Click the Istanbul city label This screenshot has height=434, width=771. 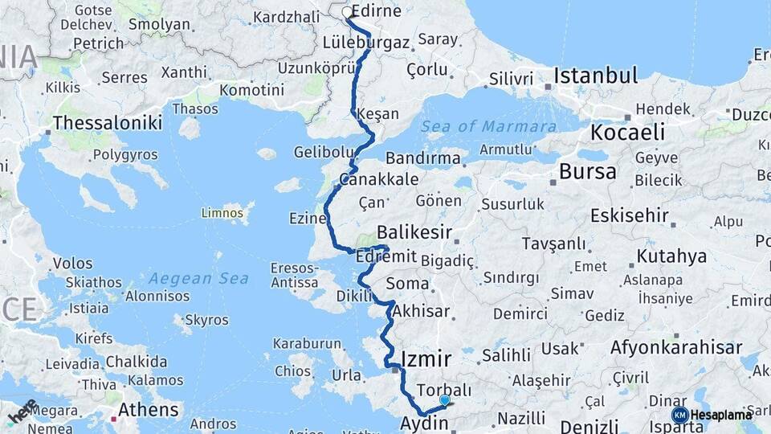596,76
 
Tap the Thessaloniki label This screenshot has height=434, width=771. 108,123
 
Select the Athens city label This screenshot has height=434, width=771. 149,410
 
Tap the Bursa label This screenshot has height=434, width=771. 588,171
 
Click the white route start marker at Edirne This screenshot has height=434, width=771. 347,12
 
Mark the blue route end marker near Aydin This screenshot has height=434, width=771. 444,400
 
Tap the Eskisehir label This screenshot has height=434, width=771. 629,215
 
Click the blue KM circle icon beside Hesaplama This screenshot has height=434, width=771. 679,415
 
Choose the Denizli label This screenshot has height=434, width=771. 589,426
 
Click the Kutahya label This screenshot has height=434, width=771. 671,256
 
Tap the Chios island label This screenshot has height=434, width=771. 292,371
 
